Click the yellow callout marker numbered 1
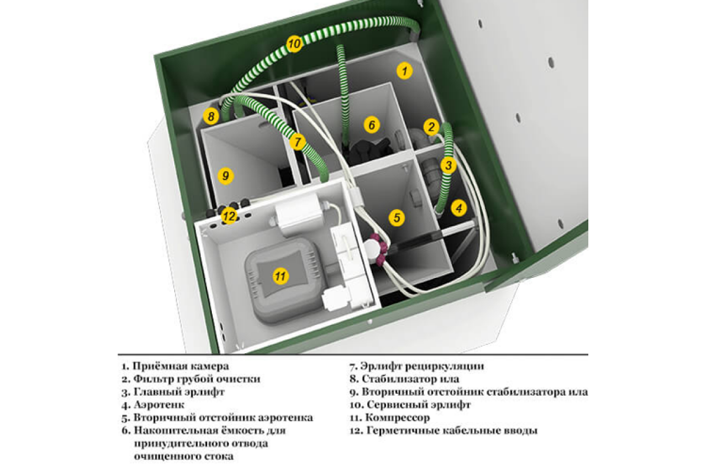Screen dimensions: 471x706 click(404, 71)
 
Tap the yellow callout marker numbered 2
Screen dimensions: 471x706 click(431, 127)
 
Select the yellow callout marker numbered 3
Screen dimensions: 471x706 click(448, 165)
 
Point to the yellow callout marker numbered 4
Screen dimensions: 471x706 click(459, 207)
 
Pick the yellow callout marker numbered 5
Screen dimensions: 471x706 click(397, 218)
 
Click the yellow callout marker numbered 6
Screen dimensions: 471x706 click(371, 125)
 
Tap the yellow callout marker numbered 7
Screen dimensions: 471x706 click(298, 142)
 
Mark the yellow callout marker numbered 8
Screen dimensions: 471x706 click(211, 117)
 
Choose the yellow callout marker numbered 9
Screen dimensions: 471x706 click(224, 175)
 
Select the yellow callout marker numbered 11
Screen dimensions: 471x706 click(281, 275)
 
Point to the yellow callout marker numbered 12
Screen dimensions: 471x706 click(229, 216)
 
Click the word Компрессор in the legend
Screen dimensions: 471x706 click(397, 418)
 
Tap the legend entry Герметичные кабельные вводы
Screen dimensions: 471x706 click(449, 431)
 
